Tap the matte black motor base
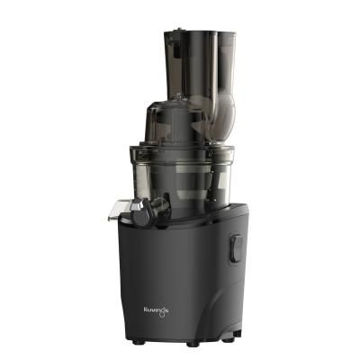coord(180,279)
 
